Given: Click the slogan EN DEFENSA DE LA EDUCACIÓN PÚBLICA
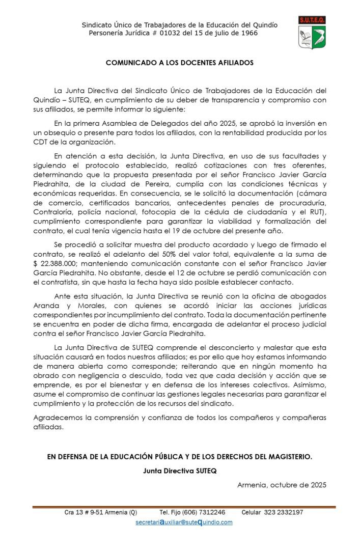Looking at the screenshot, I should point(180,457).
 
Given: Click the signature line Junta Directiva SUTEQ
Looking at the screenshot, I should point(180,471).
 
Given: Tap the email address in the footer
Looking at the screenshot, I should point(184,522).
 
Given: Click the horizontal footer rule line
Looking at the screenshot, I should point(184,507).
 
